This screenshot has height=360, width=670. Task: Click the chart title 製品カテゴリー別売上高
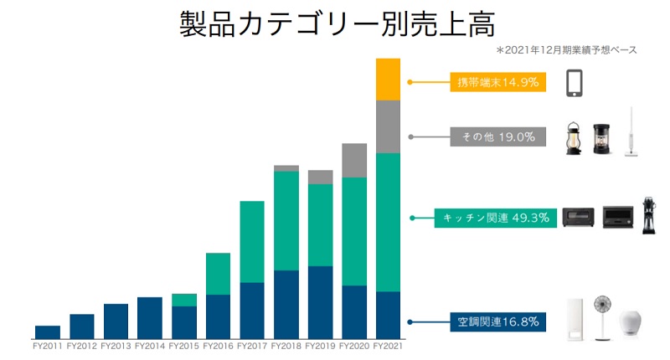tap(338, 23)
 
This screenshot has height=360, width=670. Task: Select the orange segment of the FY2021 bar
tap(388, 80)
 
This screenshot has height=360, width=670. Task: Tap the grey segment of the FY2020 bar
tap(354, 161)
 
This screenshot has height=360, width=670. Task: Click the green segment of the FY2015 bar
tap(184, 300)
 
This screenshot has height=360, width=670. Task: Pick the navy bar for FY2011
tap(48, 332)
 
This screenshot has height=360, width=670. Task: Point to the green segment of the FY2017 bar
tap(252, 242)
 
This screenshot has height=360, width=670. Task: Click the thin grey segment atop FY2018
tap(286, 168)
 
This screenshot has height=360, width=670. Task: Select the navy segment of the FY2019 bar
tap(321, 303)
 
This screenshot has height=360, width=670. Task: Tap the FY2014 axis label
tap(150, 346)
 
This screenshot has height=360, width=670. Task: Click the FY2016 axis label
tap(218, 346)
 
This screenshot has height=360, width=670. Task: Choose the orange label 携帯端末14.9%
tap(497, 82)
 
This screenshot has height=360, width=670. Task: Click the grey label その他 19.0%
tap(497, 136)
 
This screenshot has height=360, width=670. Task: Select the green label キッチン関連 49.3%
tap(496, 218)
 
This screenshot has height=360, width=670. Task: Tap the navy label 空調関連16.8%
tap(497, 321)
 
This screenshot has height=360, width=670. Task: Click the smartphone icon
tap(575, 83)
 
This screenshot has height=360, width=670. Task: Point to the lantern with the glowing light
tap(573, 138)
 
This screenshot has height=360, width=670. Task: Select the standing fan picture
tap(602, 318)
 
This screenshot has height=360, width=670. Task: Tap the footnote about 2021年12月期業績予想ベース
tap(567, 50)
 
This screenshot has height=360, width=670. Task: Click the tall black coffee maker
tap(648, 215)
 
